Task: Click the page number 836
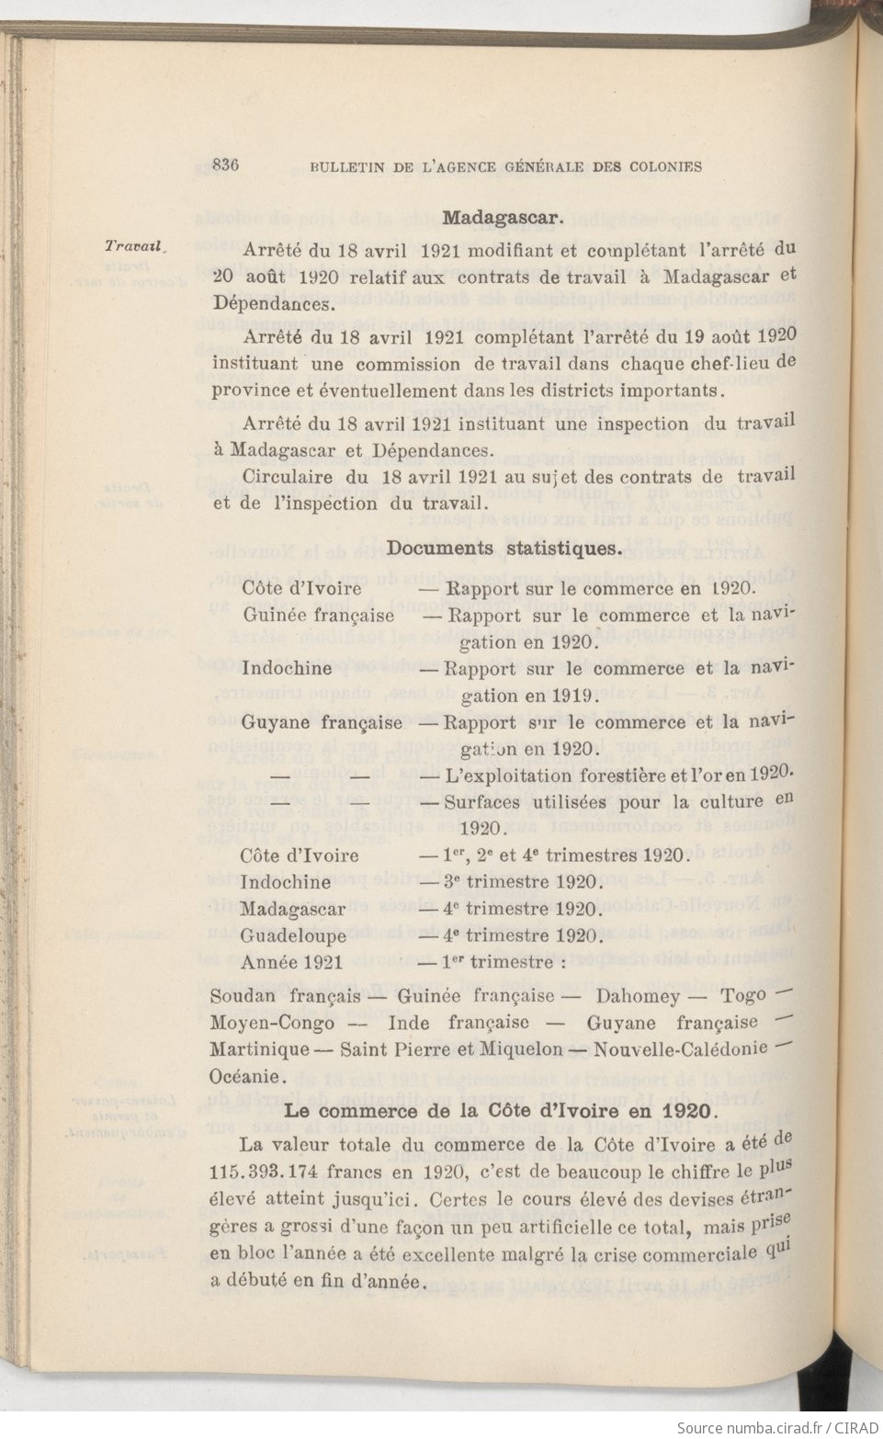pyautogui.click(x=225, y=165)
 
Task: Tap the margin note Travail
pyautogui.click(x=133, y=246)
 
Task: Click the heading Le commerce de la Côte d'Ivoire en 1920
pyautogui.click(x=499, y=1109)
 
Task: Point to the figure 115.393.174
pyautogui.click(x=276, y=1174)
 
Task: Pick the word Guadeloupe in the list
pyautogui.click(x=293, y=936)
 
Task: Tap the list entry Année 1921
pyautogui.click(x=291, y=963)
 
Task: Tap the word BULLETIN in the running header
pyautogui.click(x=346, y=167)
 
